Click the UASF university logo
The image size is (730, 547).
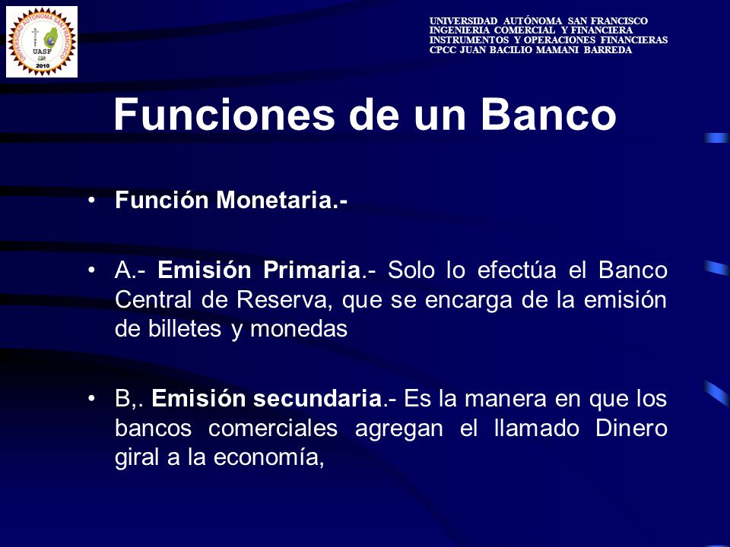[x=42, y=42]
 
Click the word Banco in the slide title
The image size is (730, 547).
[x=548, y=115]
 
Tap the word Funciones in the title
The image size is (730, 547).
[x=224, y=115]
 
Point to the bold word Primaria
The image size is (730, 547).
[x=312, y=270]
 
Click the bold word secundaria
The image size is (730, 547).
[x=318, y=399]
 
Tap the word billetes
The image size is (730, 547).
[x=185, y=329]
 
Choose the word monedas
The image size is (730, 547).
[x=299, y=329]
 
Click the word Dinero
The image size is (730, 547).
[x=631, y=428]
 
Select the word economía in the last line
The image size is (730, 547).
[x=269, y=457]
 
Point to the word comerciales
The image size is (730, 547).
[x=273, y=428]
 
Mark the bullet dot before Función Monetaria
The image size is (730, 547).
[x=92, y=201]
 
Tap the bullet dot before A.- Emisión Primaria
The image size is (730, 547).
[x=92, y=270]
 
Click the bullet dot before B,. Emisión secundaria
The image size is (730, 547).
[x=92, y=399]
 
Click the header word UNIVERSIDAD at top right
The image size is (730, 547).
[x=463, y=21]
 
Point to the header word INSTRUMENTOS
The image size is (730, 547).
[x=469, y=40]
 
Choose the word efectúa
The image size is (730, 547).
[x=517, y=270]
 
